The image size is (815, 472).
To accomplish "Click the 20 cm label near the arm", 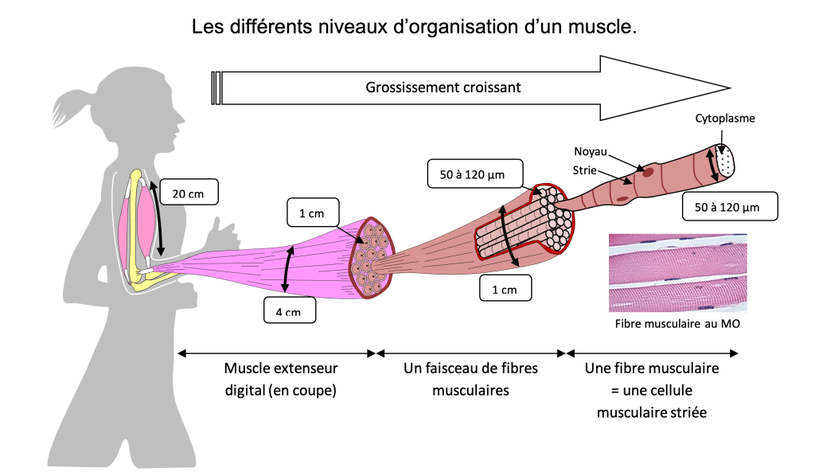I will point(189,193).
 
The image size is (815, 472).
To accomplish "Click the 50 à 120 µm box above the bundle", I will point(466,173).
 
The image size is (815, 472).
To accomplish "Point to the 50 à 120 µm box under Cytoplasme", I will point(730,208).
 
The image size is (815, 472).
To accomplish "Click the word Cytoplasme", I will point(725,119).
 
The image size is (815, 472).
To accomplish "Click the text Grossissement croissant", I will point(443,88).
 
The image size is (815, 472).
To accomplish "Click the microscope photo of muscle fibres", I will point(678,271).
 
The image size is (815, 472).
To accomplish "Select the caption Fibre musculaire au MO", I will point(678,324).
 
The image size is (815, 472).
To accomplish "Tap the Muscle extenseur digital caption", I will point(280,380).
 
